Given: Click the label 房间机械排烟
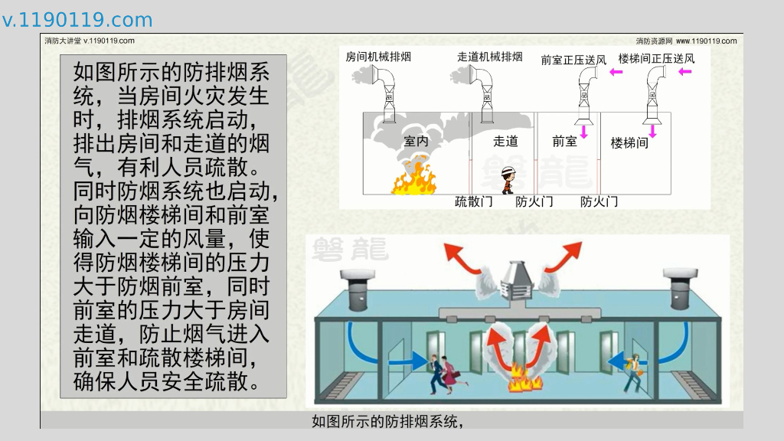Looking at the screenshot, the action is pyautogui.click(x=378, y=57).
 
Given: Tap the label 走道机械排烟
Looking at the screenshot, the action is pyautogui.click(x=490, y=57).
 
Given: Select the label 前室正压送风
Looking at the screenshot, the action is pyautogui.click(x=573, y=60).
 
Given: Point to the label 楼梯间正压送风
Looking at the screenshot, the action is pyautogui.click(x=656, y=58).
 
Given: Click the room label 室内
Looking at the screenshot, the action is pyautogui.click(x=416, y=142).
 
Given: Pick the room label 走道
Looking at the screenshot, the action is pyautogui.click(x=505, y=142).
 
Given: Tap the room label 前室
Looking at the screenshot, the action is pyautogui.click(x=564, y=142).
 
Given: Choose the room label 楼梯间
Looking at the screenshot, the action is pyautogui.click(x=629, y=143).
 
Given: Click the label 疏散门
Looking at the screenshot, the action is pyautogui.click(x=473, y=201).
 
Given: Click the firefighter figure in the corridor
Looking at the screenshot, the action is pyautogui.click(x=508, y=179).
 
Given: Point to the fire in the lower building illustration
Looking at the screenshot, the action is pyautogui.click(x=524, y=380).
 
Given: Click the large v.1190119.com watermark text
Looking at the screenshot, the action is pyautogui.click(x=77, y=20).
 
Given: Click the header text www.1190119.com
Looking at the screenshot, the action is pyautogui.click(x=706, y=41).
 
